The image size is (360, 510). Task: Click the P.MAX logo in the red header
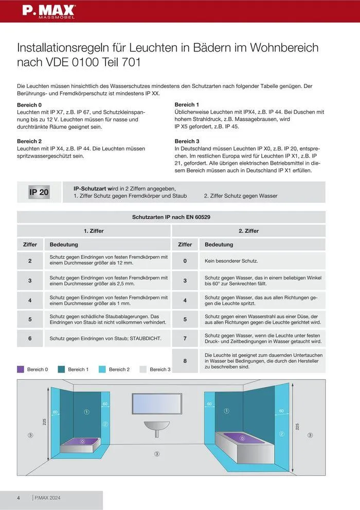48,10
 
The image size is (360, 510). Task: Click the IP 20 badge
39,192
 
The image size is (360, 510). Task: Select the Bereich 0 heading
29,104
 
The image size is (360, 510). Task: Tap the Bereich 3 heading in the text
187,141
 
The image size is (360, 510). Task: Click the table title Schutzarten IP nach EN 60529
171,217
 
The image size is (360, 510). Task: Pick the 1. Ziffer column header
94,231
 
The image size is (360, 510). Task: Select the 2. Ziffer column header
248,231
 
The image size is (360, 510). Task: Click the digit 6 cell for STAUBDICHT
30,339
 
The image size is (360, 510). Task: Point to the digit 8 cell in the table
185,361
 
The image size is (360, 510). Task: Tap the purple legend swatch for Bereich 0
21,369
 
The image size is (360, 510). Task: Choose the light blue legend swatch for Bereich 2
102,369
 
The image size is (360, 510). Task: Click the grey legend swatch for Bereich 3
143,369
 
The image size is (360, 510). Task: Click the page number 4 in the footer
19,498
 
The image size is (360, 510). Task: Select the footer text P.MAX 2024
48,498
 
